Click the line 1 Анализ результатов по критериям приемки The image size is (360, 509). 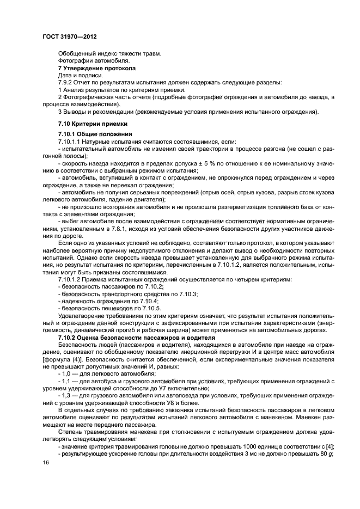point(121,89)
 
